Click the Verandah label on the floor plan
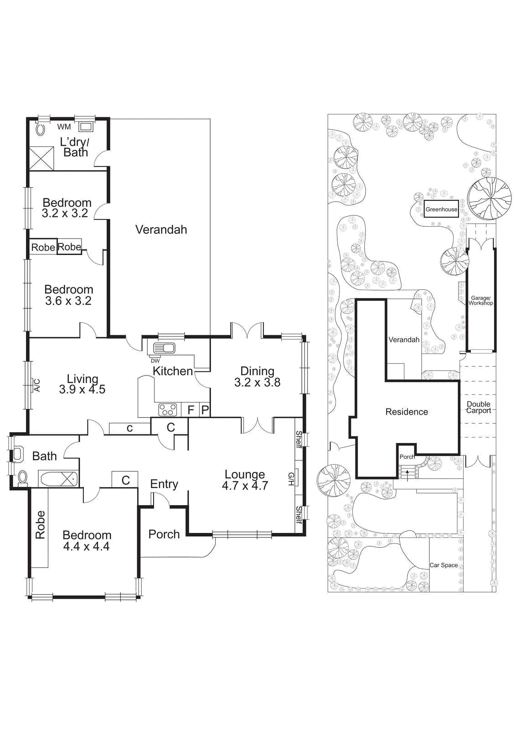pos(161,229)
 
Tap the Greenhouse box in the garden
pos(441,209)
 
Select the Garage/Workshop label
pos(480,300)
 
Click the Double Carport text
pos(478,407)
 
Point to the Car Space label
pos(444,565)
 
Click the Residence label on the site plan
pos(407,412)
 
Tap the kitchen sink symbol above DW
pos(164,349)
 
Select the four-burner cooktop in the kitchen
pos(167,410)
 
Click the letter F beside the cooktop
pos(191,410)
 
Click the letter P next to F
pos(205,410)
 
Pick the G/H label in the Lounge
pos(291,479)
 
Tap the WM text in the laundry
pos(64,127)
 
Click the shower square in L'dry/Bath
pos(41,158)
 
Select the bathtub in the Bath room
pos(58,480)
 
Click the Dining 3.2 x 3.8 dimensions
pos(257,383)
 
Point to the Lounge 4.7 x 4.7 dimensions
pos(245,486)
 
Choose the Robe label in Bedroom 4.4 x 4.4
pos(40,525)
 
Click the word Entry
pos(164,484)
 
